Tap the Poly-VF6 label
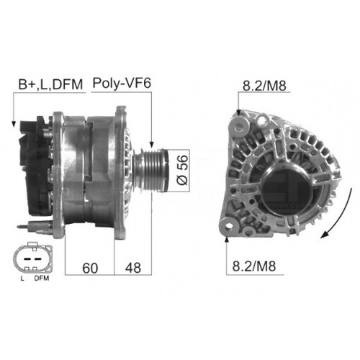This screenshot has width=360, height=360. [122, 84]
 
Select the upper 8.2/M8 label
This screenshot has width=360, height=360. [261, 84]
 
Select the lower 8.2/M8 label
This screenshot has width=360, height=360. [253, 266]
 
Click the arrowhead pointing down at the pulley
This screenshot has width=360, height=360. [152, 144]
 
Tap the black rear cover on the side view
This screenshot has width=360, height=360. [35, 166]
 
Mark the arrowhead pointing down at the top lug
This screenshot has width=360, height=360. [238, 112]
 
